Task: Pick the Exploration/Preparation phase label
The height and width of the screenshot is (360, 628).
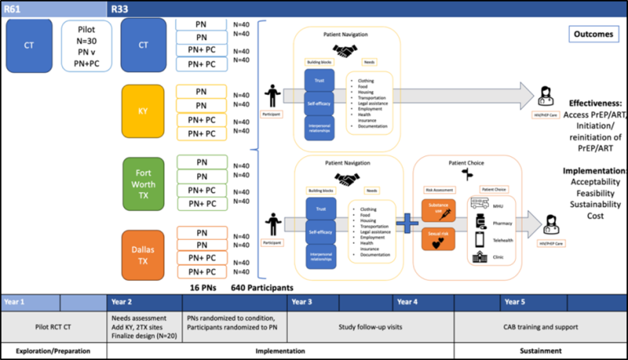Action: pyautogui.click(x=53, y=352)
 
